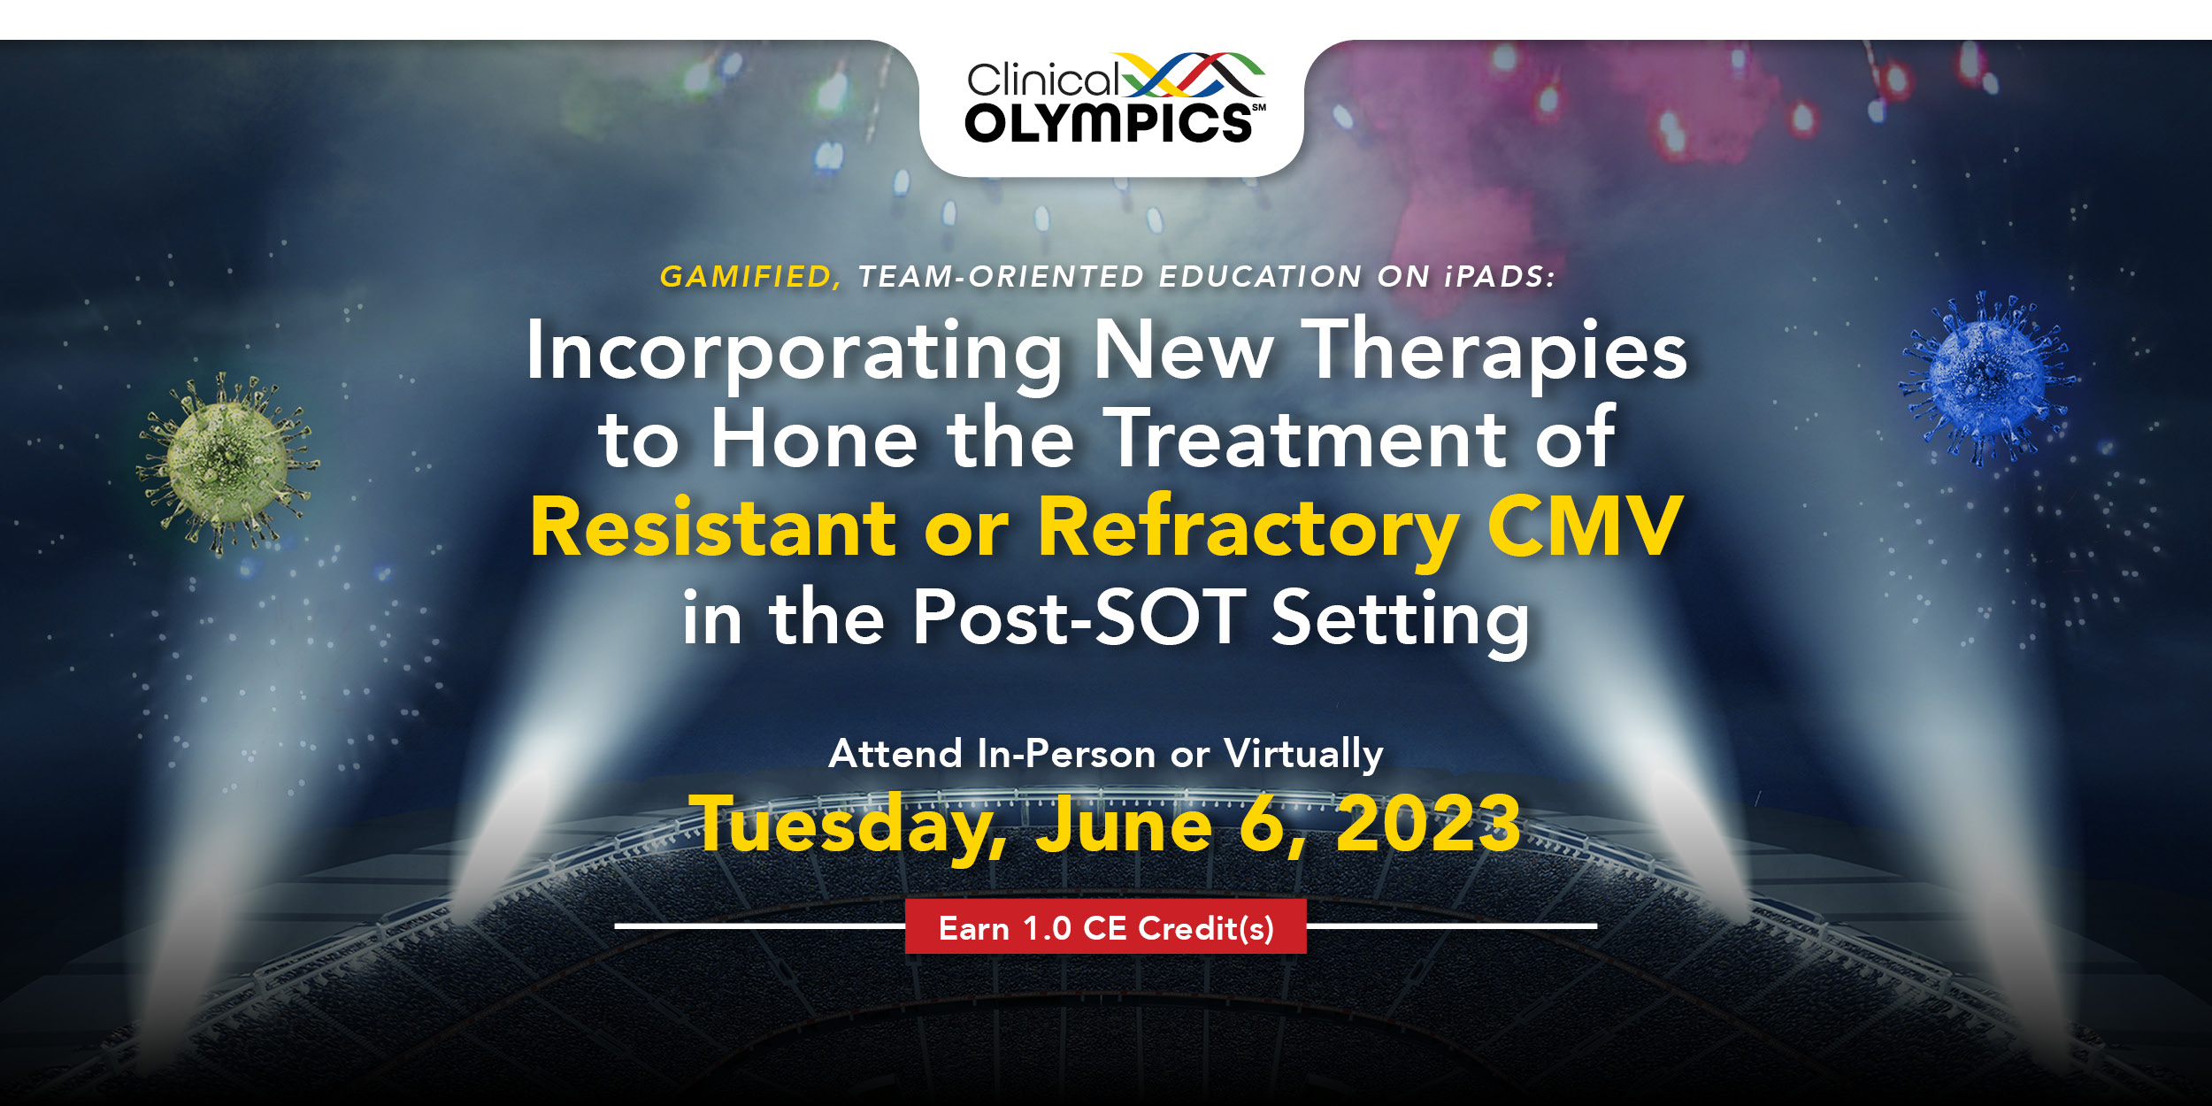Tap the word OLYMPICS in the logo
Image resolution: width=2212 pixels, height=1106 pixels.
tap(1109, 123)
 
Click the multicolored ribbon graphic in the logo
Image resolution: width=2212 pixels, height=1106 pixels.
tap(1194, 74)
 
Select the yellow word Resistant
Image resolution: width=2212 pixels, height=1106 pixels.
tap(713, 527)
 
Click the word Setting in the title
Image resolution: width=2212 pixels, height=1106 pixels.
tap(1401, 622)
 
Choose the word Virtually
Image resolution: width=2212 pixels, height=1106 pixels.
tap(1303, 755)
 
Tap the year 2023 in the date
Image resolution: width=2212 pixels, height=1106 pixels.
tap(1428, 823)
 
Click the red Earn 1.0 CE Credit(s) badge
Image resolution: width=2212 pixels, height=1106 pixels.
tap(1106, 926)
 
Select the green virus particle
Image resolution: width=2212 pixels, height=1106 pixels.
tap(227, 462)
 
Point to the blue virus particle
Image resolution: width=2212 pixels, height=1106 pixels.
tap(1986, 380)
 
